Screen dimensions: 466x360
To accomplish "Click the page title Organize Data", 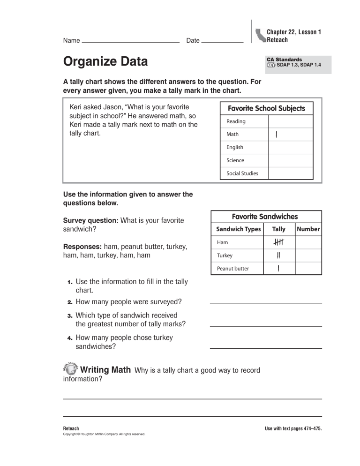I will pyautogui.click(x=105, y=62).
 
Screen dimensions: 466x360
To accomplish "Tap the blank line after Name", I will pyautogui.click(x=130, y=42).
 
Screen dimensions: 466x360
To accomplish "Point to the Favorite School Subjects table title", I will pyautogui.click(x=266, y=108).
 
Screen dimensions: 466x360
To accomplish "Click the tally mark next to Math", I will pyautogui.click(x=277, y=135).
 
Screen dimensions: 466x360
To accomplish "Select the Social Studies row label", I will pyautogui.click(x=242, y=173).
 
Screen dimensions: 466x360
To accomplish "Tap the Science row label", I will pyautogui.click(x=235, y=160).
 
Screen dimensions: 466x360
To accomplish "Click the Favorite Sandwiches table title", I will pyautogui.click(x=266, y=217).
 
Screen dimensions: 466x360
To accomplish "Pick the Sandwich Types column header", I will pyautogui.click(x=238, y=229).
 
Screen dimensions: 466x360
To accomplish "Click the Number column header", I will pyautogui.click(x=308, y=229).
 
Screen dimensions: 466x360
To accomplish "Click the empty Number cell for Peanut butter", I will pyautogui.click(x=308, y=269).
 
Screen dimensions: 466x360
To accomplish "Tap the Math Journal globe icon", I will pyautogui.click(x=69, y=369).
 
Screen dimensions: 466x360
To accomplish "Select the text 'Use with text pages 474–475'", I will pyautogui.click(x=293, y=428).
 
